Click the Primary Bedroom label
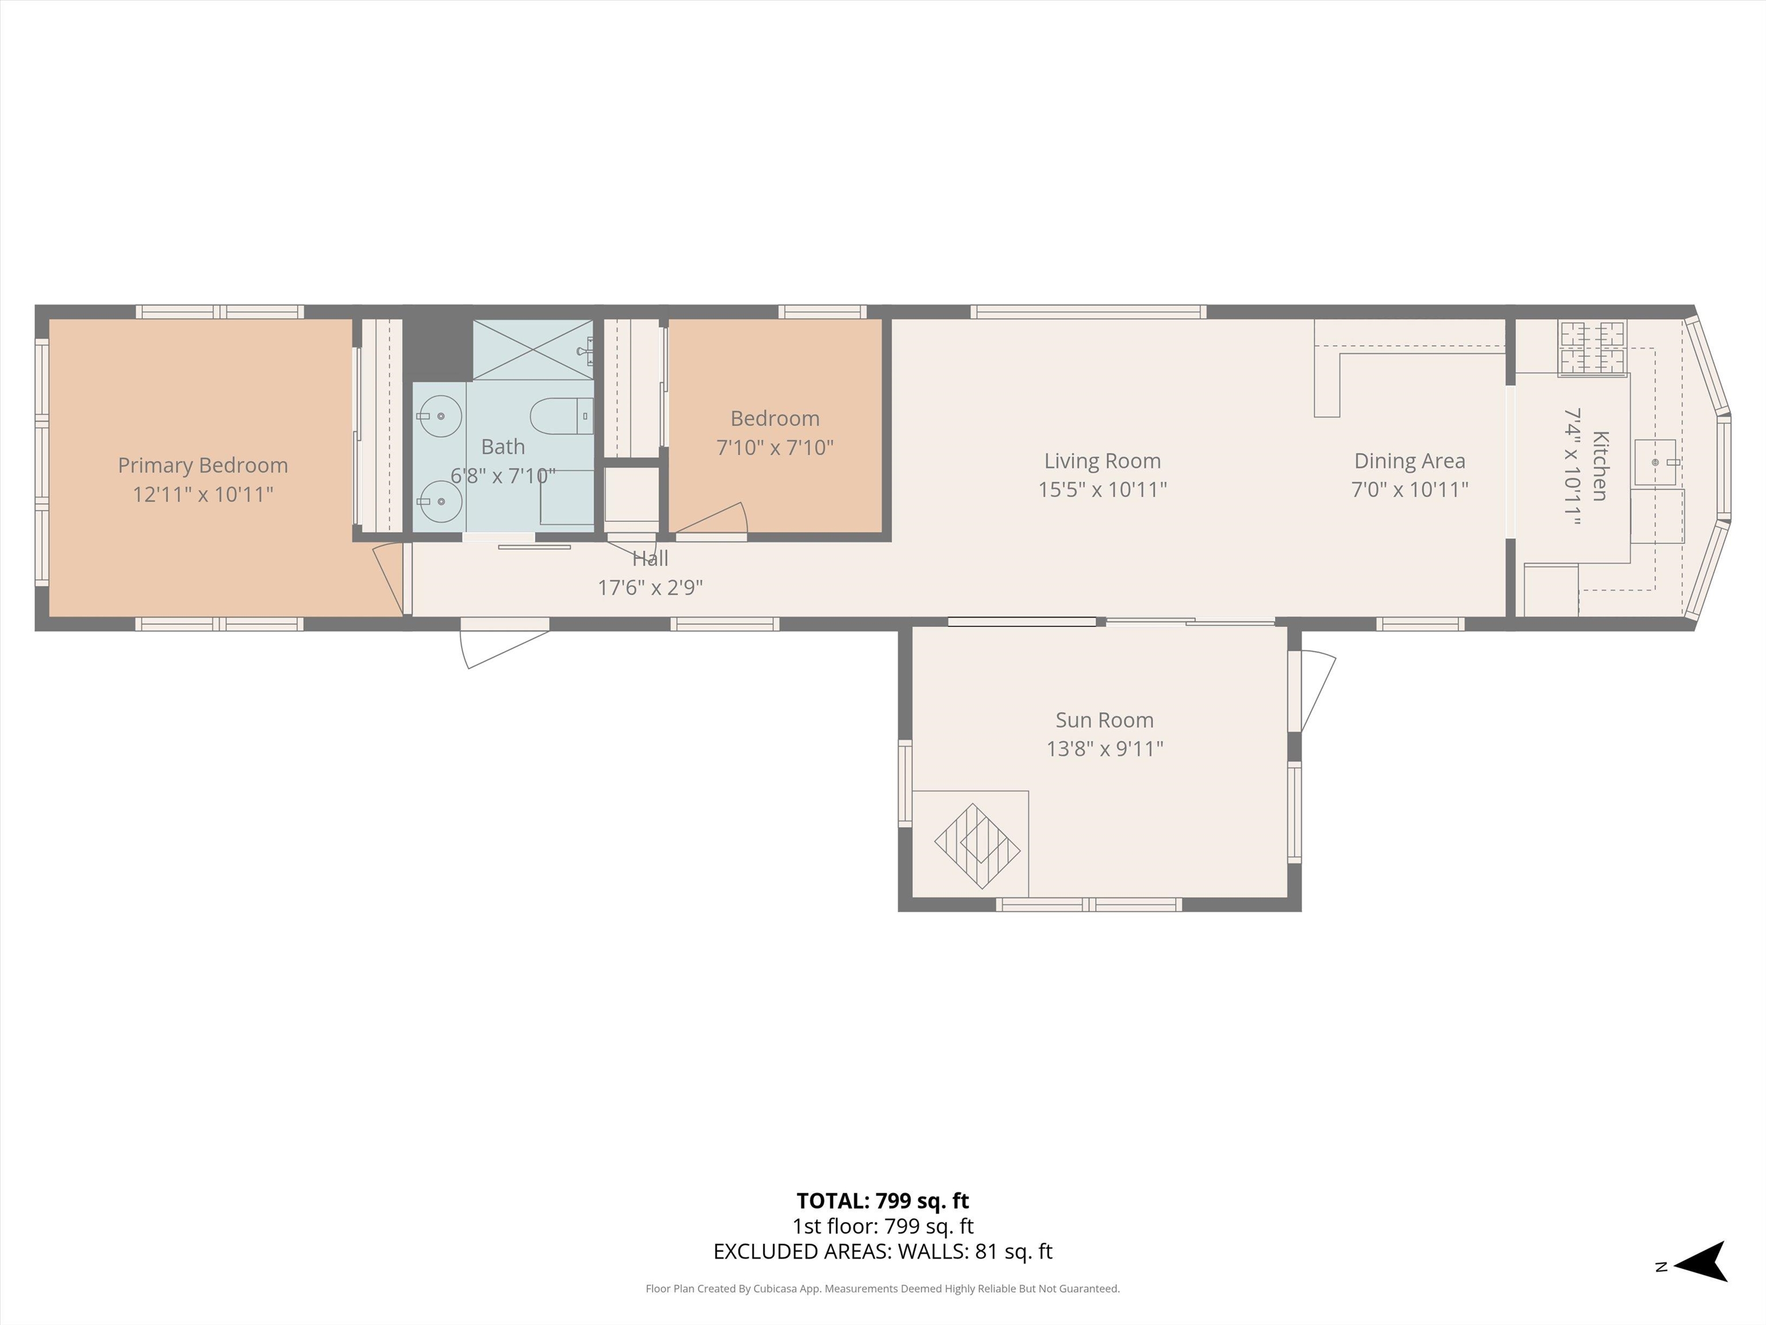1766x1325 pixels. pyautogui.click(x=203, y=465)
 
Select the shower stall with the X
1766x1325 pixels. pyautogui.click(x=532, y=349)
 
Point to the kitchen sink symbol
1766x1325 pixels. pyautogui.click(x=1656, y=462)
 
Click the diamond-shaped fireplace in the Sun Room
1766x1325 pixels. pyautogui.click(x=977, y=846)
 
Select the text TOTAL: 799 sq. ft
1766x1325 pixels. pyautogui.click(x=882, y=1200)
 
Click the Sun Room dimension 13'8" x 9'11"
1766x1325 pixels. pyautogui.click(x=1104, y=748)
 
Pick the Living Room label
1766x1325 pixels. pyautogui.click(x=1102, y=461)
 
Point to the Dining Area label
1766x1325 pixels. pyautogui.click(x=1409, y=461)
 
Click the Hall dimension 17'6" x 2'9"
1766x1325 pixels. pyautogui.click(x=650, y=588)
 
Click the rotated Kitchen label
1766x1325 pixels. pyautogui.click(x=1599, y=466)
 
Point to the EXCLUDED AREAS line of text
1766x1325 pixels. pyautogui.click(x=882, y=1251)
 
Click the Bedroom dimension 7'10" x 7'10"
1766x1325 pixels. pyautogui.click(x=774, y=447)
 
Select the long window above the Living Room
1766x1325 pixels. pyautogui.click(x=1088, y=312)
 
